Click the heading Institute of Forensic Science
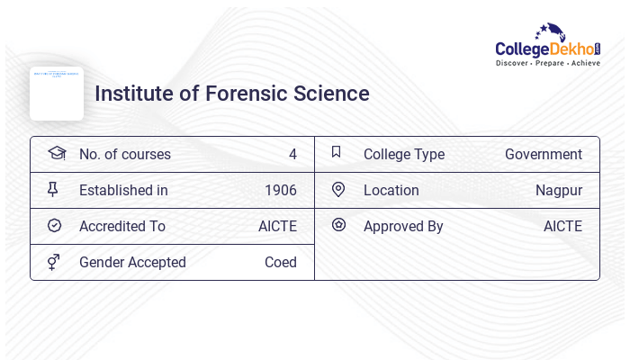pos(232,94)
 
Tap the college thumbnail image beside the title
pos(57,93)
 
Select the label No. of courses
pos(125,154)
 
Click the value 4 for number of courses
pos(292,154)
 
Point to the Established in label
pos(123,190)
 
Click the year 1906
pos(281,190)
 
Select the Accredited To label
pos(122,226)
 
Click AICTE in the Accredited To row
pos(277,226)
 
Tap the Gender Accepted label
pos(132,262)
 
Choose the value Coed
pos(281,262)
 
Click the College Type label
pos(404,154)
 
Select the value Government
pos(544,154)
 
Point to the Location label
pos(391,190)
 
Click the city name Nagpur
pos(559,190)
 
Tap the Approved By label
pos(403,226)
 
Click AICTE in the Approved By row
pos(562,226)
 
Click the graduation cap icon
pos(57,153)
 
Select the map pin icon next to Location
pos(338,189)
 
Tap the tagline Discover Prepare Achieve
pos(547,64)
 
